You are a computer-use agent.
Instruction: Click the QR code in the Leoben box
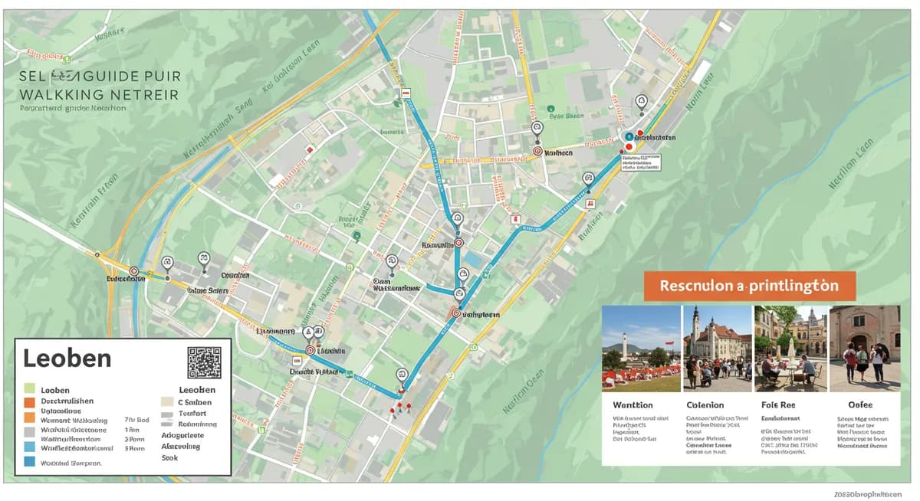coord(204,362)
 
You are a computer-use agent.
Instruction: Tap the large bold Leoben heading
coord(67,359)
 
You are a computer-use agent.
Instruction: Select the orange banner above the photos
coord(747,286)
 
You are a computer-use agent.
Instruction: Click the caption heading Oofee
coord(861,404)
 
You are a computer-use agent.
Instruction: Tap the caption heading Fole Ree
coord(778,404)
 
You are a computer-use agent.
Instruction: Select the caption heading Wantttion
coord(633,404)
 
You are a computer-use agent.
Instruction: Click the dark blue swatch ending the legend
coord(30,462)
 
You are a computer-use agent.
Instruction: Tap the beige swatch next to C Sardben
coord(166,401)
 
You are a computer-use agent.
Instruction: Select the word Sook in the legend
coord(169,457)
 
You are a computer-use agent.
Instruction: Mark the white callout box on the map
coord(641,161)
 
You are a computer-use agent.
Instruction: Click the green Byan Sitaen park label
coord(567,117)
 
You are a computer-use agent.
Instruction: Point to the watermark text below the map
coord(869,494)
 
